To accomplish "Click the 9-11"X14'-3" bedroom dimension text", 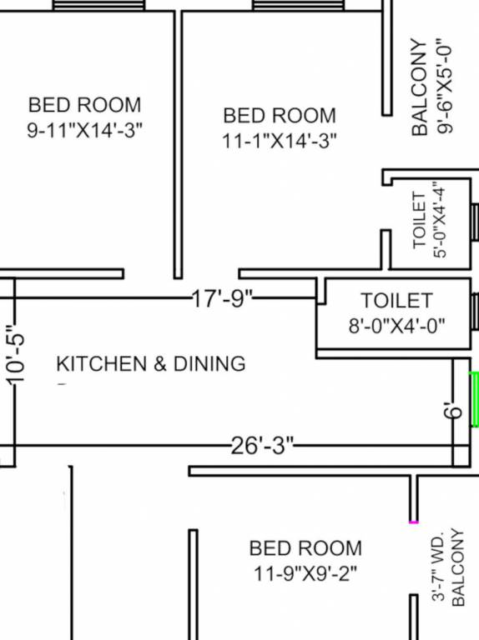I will point(84,130).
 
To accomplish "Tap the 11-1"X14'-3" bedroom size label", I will point(280,140).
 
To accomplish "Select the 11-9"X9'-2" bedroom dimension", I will point(305,573).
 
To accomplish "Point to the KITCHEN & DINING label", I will point(150,364).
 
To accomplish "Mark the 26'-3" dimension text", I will point(263,446).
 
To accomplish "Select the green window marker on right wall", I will point(475,400).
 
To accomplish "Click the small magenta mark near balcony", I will point(413,522).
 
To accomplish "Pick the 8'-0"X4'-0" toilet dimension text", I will point(396,325).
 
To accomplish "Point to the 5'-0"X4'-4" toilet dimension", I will point(441,222).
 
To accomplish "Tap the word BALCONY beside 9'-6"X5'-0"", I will point(420,87).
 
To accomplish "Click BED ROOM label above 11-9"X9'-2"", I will point(305,548).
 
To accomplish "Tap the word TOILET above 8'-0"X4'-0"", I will point(396,300).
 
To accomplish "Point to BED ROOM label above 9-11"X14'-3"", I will point(84,106).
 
